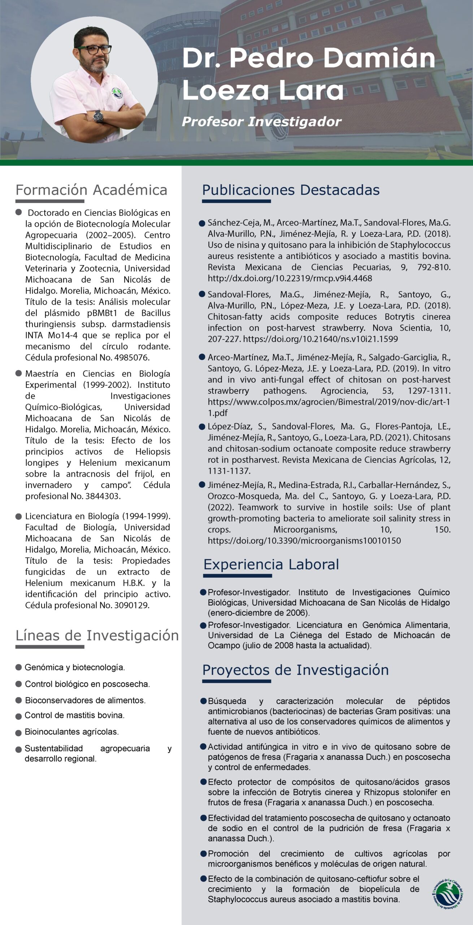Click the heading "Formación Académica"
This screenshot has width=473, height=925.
[x=91, y=190]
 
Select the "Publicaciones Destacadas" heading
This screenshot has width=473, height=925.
[x=291, y=190]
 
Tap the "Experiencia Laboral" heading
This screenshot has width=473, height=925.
[x=271, y=564]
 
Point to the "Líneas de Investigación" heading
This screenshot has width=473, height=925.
[x=97, y=635]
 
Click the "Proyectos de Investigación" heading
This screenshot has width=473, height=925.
[x=295, y=670]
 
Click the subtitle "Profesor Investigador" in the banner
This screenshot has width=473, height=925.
[x=261, y=122]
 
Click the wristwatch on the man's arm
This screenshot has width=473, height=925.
[x=98, y=116]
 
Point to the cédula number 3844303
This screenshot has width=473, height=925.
[x=103, y=496]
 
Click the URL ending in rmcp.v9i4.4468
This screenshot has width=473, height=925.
[x=290, y=278]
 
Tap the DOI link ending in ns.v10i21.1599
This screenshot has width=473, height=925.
[x=321, y=339]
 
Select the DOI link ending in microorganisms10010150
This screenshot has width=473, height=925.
[x=304, y=541]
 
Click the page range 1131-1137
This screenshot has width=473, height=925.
[x=229, y=471]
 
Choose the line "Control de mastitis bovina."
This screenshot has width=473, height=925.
[x=74, y=715]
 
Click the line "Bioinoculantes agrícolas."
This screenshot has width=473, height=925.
[x=71, y=732]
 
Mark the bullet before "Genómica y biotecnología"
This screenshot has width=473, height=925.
[x=19, y=667]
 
